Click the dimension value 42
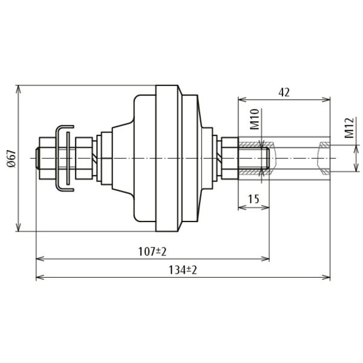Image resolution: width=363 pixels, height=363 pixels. [284, 93]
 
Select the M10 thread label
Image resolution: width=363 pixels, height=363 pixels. [254, 120]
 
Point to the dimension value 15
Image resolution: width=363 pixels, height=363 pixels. [253, 200]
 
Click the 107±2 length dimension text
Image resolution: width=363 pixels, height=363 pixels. [152, 251]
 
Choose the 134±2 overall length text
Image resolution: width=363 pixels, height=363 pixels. [183, 270]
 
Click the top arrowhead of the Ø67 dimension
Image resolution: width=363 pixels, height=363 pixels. [19, 89]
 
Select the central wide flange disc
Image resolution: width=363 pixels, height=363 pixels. [168, 159]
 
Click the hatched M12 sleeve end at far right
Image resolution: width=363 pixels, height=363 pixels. [325, 159]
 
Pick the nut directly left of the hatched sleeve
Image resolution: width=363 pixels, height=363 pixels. [230, 159]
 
